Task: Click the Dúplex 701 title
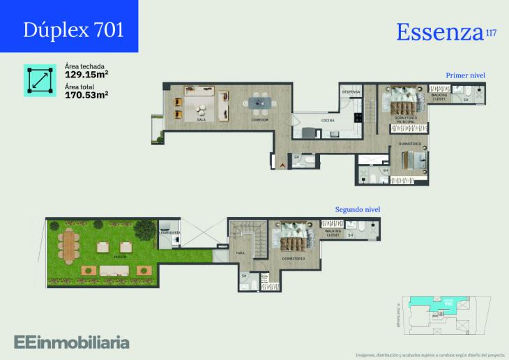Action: (x=74, y=29)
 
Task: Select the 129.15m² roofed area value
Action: (x=86, y=73)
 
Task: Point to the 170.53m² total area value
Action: (x=86, y=93)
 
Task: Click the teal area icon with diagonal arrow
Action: (x=40, y=81)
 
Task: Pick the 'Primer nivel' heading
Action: (x=465, y=75)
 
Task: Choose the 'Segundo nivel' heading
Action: (x=358, y=209)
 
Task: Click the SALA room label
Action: (x=202, y=120)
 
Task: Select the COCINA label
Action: (x=327, y=120)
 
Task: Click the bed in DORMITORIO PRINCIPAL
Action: (x=402, y=105)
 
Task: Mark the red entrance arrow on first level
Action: (x=283, y=164)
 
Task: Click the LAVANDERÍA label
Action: (x=170, y=232)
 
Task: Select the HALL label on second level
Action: (x=241, y=254)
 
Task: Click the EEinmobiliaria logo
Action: (x=71, y=342)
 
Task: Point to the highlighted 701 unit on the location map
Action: (x=441, y=301)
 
